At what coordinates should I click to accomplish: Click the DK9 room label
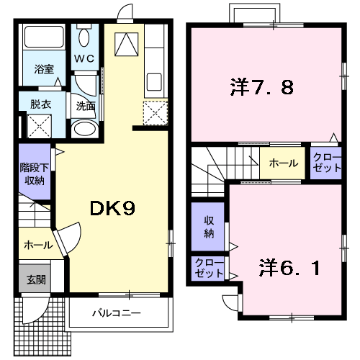coord(112,208)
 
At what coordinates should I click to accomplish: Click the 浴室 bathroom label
coord(44,70)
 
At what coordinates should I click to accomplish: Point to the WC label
coord(84,58)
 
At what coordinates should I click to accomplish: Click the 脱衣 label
coord(40,104)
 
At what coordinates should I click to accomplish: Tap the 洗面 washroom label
coord(86,105)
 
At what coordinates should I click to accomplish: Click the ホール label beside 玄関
coord(37,245)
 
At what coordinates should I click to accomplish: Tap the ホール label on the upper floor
coord(284,163)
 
